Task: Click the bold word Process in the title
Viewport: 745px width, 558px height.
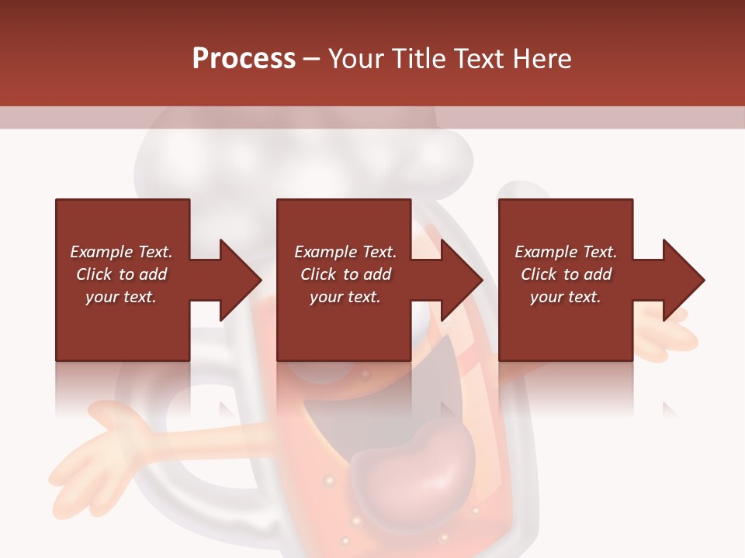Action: coord(244,59)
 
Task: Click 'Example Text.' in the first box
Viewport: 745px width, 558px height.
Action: coord(121,252)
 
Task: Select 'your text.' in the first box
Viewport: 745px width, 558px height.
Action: coord(121,297)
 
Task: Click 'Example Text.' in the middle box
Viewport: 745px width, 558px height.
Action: coord(345,252)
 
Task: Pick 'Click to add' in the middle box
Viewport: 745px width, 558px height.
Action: coord(345,274)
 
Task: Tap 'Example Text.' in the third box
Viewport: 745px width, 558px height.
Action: coord(566,252)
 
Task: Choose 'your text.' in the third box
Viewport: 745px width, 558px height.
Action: coord(566,297)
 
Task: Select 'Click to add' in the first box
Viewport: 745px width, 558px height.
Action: coord(121,274)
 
